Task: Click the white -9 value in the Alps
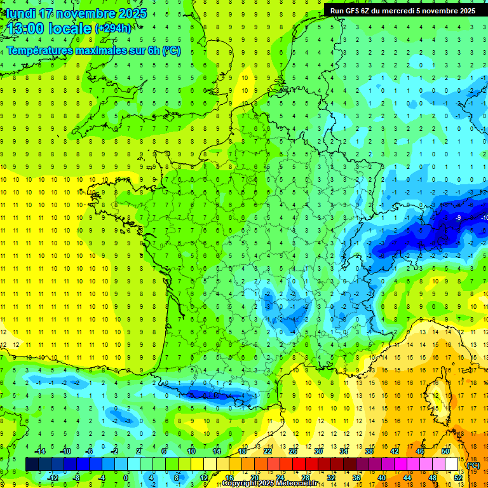click(458, 218)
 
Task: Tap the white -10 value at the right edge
click(484, 218)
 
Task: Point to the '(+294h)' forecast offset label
click(113, 29)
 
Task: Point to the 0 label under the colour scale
click(125, 477)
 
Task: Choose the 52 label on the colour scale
click(458, 477)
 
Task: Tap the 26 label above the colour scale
click(293, 451)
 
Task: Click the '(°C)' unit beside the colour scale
click(473, 465)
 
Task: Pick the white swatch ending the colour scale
click(452, 464)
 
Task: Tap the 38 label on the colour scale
click(369, 451)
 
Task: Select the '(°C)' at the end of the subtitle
click(172, 51)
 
